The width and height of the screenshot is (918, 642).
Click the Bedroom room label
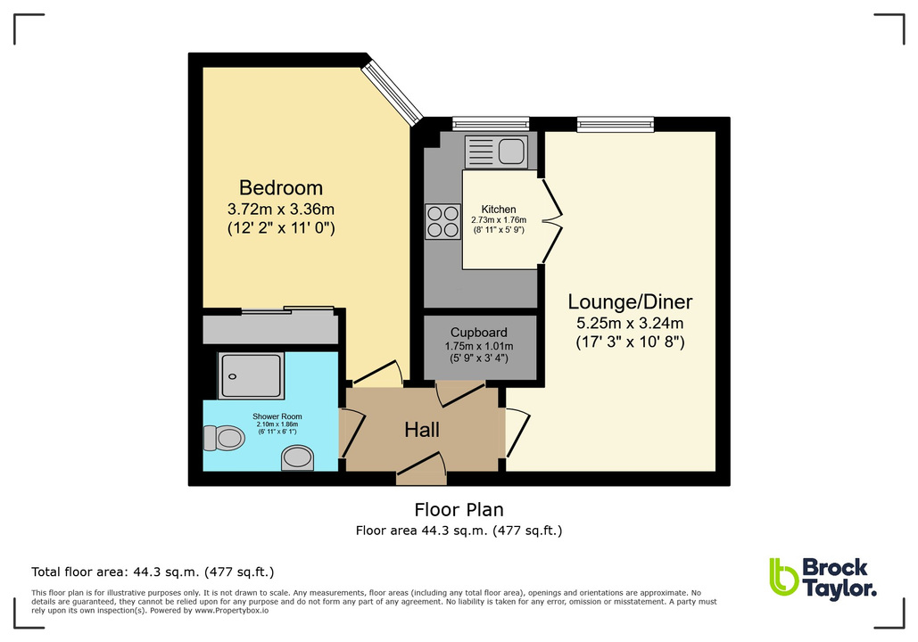[280, 188]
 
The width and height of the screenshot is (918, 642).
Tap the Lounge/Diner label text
[633, 301]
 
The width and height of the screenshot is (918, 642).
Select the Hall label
[422, 430]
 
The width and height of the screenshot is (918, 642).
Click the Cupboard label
[479, 333]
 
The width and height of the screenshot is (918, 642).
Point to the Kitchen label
[498, 210]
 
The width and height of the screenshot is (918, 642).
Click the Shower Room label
[277, 416]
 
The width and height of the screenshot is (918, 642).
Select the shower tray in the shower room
[252, 374]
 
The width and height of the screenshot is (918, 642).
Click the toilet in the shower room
[225, 438]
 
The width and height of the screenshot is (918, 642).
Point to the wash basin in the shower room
[298, 458]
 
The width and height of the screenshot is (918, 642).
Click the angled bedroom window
[393, 91]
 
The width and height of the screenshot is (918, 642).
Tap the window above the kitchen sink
[490, 124]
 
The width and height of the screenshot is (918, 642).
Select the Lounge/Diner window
[615, 124]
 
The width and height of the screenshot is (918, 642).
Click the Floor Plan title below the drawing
[459, 510]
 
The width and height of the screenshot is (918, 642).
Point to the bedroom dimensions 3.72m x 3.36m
[280, 210]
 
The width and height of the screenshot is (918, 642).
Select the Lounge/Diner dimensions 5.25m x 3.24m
[633, 323]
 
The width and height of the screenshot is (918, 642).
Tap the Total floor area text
[153, 572]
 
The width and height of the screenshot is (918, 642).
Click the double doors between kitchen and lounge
[552, 218]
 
